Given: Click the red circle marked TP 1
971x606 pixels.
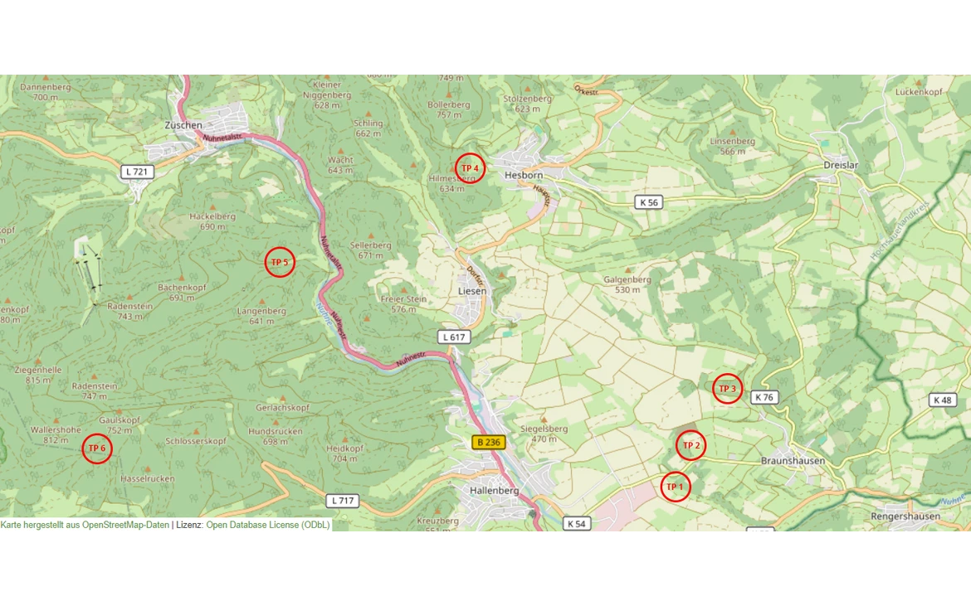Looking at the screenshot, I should click(676, 487).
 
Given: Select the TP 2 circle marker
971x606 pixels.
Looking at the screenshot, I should click(690, 446).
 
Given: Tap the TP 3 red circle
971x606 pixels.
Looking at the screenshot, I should click(727, 389).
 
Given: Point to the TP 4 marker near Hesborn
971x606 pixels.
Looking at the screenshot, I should click(470, 168).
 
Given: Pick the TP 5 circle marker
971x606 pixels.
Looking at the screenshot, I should click(280, 262).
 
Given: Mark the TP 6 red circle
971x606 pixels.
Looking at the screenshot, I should click(97, 448).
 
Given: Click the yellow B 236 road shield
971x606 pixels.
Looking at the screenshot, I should click(488, 442).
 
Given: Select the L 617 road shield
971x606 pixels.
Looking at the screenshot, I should click(454, 337).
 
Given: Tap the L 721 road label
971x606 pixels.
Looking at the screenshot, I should click(137, 172).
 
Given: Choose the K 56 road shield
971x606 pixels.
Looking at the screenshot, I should click(649, 202).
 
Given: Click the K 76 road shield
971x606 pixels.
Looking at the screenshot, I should click(764, 398).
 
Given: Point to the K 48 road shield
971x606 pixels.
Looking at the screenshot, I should click(942, 400).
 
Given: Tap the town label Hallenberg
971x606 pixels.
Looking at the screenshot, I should click(493, 491).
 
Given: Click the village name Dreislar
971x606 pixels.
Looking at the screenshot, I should click(841, 165).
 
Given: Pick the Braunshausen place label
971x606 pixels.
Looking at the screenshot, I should click(793, 461).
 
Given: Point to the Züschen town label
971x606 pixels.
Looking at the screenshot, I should click(183, 125).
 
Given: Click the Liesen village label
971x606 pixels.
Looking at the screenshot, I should click(472, 292).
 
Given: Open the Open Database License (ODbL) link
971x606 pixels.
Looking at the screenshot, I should click(267, 525).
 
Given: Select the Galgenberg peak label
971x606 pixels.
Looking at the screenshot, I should click(627, 280).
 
